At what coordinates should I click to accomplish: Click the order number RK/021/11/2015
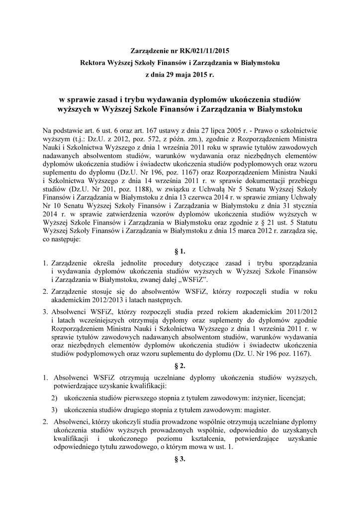(x=203, y=51)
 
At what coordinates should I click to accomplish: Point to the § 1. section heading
(x=180, y=252)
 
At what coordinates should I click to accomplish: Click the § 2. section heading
(x=180, y=365)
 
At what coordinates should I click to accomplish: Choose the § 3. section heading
(x=180, y=459)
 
